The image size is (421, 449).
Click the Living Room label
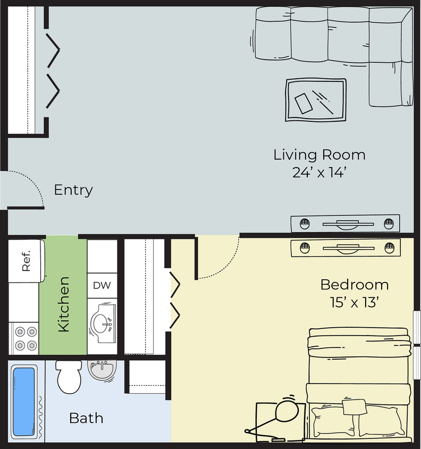click(x=319, y=155)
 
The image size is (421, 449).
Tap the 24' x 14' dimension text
click(x=319, y=172)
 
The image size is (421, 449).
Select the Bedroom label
click(x=355, y=285)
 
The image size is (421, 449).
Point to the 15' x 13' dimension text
click(x=355, y=302)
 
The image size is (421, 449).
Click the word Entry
click(x=73, y=190)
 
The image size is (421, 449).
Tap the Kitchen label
click(x=64, y=304)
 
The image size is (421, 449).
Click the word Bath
click(x=86, y=418)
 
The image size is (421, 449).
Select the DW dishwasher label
click(x=102, y=285)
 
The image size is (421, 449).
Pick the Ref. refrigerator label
click(x=26, y=261)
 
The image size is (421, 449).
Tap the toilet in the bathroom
click(x=69, y=377)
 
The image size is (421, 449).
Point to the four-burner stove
click(x=24, y=338)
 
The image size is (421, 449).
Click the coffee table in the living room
click(x=316, y=100)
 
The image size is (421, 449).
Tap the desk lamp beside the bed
click(x=274, y=418)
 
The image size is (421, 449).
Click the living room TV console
click(x=345, y=223)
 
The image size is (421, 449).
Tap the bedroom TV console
click(x=346, y=248)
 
